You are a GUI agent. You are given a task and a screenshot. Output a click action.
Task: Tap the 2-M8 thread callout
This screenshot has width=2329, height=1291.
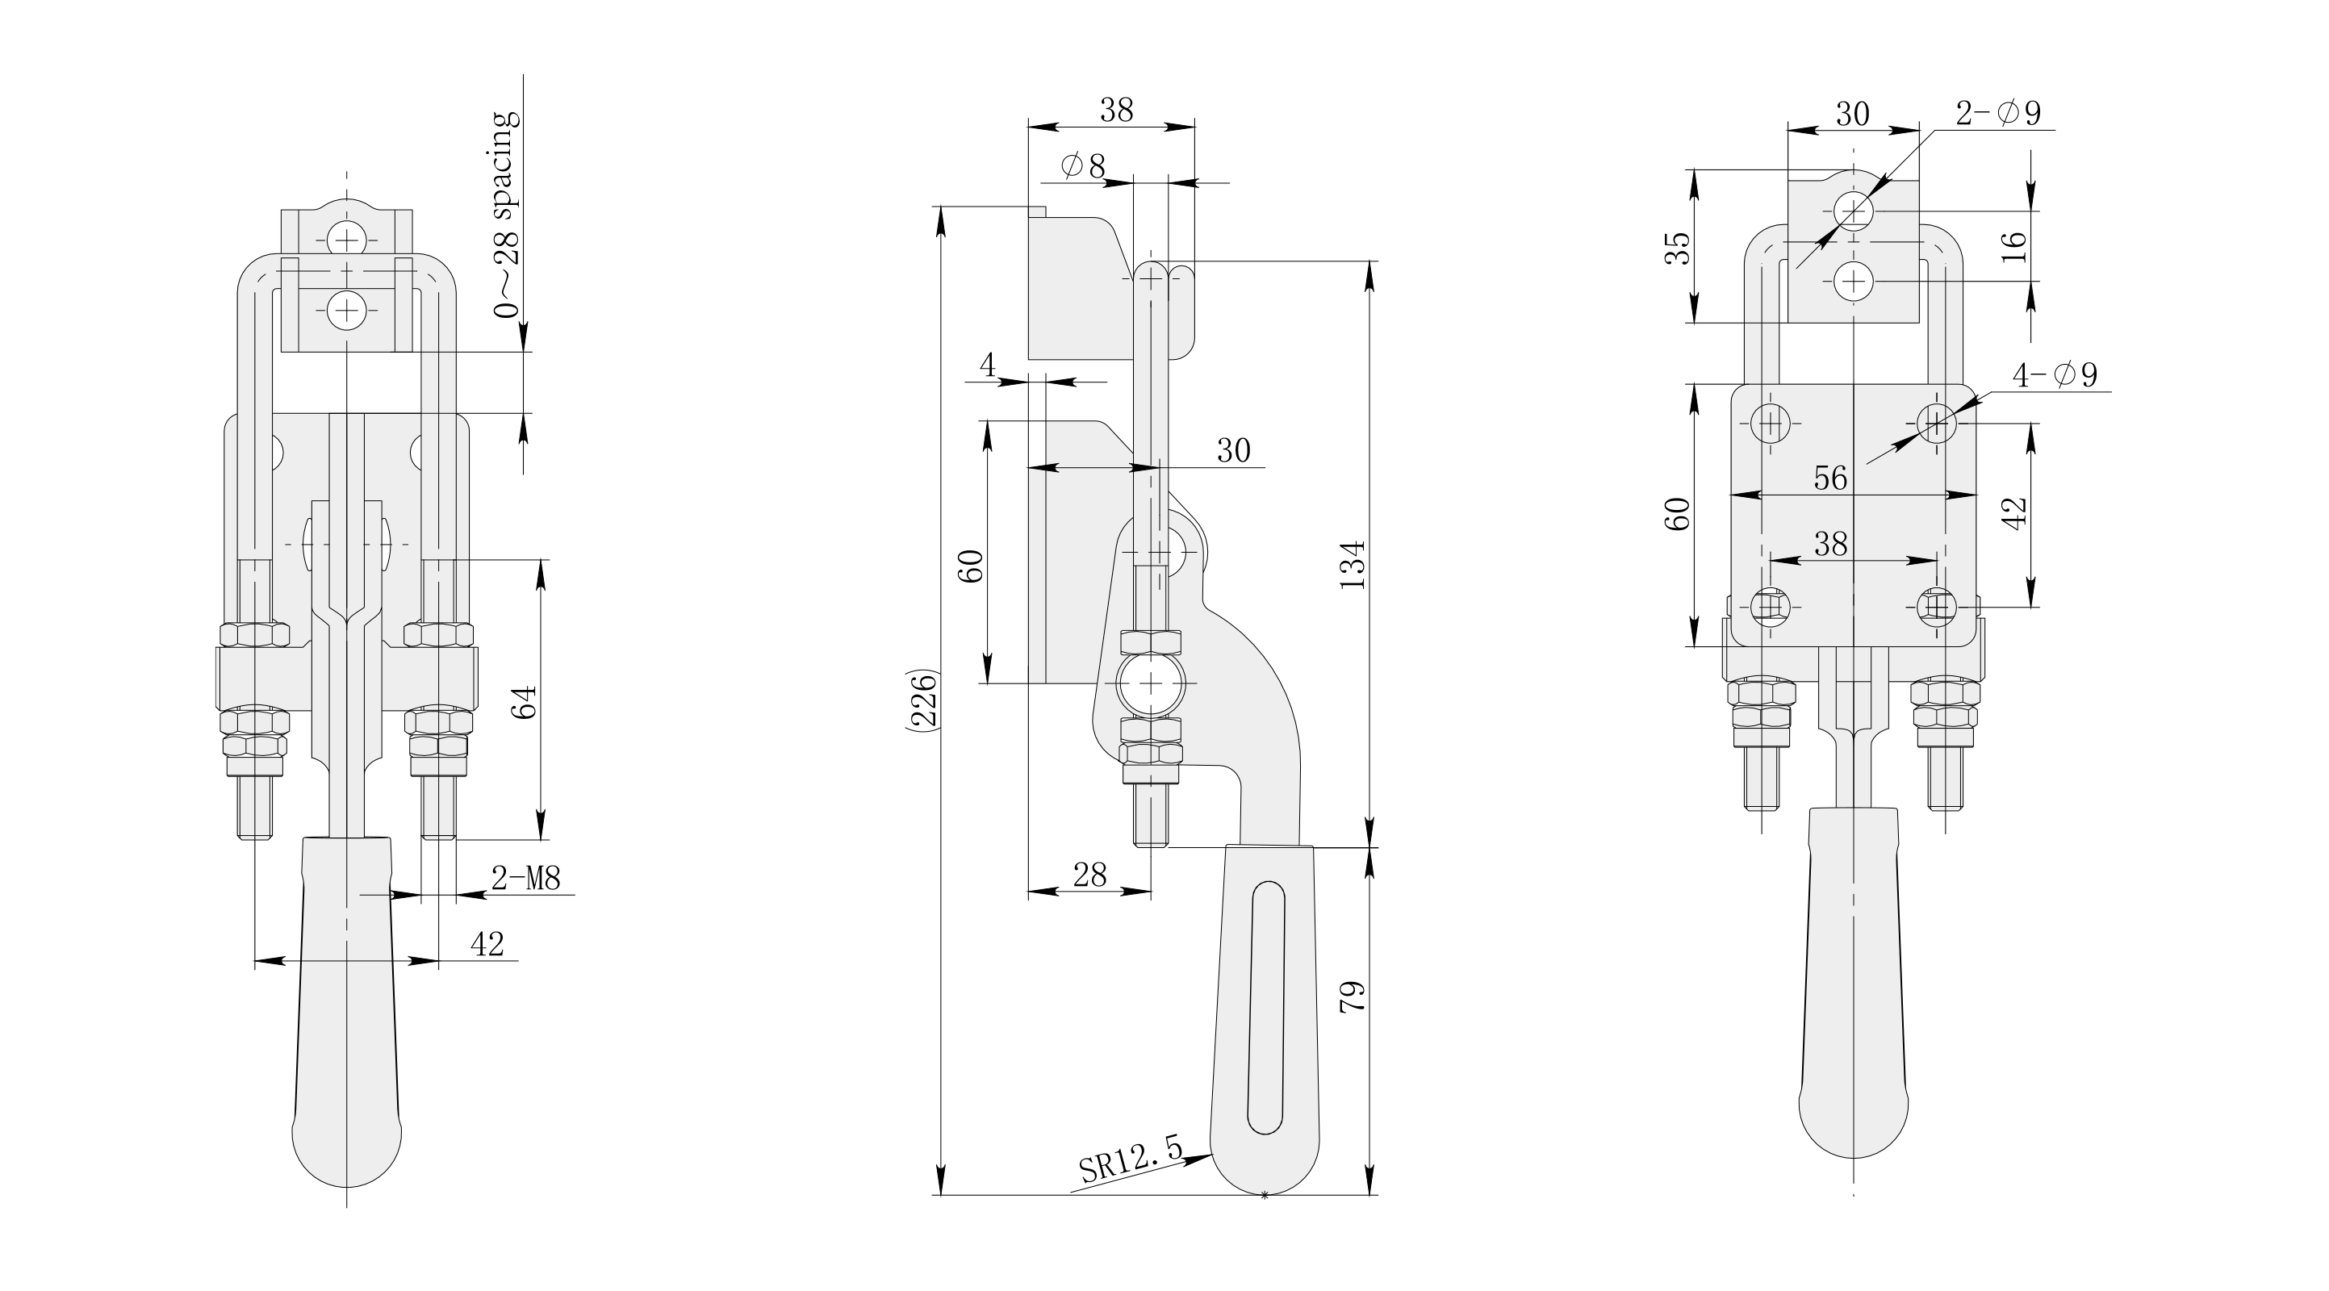coord(526,877)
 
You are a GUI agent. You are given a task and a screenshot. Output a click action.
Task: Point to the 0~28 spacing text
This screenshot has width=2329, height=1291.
coord(505,215)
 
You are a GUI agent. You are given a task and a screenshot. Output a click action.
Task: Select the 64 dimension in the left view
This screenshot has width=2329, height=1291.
coord(525,701)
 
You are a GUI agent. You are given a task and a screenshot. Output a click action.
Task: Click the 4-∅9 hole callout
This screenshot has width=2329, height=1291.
coord(2055,374)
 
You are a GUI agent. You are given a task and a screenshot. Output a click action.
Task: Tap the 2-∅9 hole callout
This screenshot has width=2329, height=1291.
coord(1998,113)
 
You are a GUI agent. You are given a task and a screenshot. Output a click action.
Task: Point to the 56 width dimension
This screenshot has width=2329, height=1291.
coord(1831,478)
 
